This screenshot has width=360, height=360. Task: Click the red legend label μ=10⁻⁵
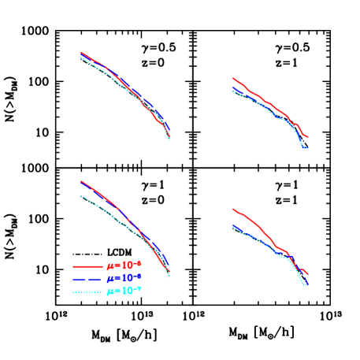click(124, 265)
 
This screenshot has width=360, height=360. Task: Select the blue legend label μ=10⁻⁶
click(124, 278)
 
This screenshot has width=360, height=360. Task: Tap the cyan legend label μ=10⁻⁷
click(124, 291)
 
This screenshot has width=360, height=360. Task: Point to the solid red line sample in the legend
click(87, 266)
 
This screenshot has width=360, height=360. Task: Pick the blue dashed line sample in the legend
click(87, 279)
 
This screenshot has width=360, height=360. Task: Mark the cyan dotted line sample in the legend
click(87, 291)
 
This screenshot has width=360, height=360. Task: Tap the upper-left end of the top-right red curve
click(232, 78)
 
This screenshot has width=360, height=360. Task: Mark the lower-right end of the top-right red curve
click(307, 138)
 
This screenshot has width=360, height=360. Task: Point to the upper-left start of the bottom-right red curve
click(232, 209)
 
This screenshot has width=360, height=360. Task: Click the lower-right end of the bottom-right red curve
click(307, 274)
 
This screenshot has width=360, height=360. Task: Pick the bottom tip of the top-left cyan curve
click(170, 141)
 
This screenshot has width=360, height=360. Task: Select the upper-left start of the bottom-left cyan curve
click(81, 195)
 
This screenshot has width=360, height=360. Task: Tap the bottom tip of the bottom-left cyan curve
click(170, 277)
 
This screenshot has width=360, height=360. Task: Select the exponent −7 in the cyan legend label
click(138, 288)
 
